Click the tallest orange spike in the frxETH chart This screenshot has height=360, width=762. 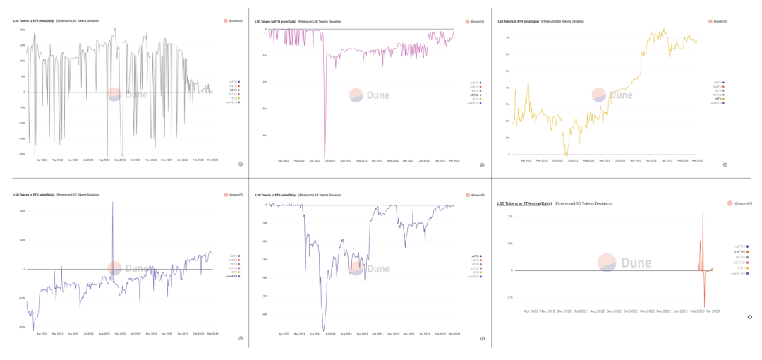click(702, 214)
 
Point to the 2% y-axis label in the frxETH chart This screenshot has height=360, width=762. click(509, 217)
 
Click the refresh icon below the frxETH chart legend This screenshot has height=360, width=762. click(749, 317)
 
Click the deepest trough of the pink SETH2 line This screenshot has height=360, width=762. click(325, 156)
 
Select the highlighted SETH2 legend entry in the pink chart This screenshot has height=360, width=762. click(476, 95)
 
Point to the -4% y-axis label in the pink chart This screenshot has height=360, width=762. click(263, 136)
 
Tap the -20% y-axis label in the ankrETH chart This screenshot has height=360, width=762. click(22, 327)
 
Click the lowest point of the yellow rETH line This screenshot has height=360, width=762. click(566, 155)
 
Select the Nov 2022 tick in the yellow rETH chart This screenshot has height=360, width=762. click(636, 161)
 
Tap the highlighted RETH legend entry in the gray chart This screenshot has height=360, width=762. click(234, 90)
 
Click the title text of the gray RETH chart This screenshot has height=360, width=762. click(33, 20)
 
